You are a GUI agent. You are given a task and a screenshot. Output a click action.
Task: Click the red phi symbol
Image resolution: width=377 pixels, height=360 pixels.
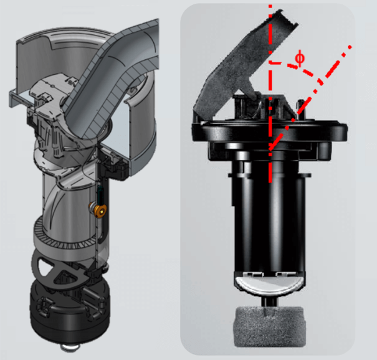300,59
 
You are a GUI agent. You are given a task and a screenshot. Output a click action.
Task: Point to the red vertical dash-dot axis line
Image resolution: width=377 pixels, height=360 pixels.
270,93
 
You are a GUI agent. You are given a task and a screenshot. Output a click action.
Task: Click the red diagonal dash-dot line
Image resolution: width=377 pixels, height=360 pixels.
310,97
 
